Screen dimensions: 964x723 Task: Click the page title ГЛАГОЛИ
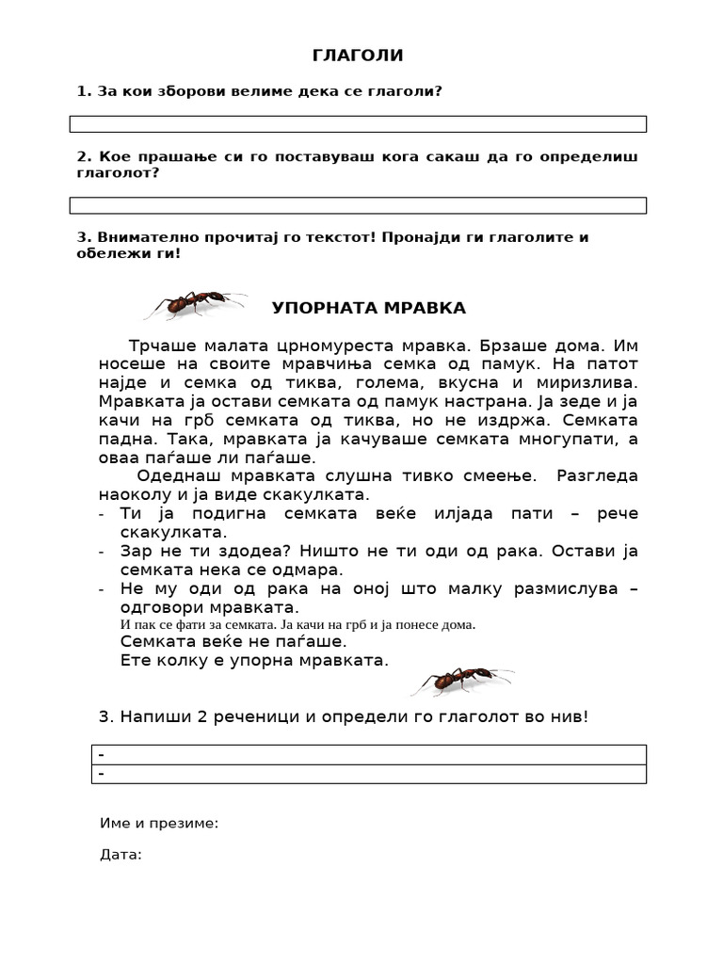tap(358, 56)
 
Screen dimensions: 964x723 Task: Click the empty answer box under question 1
tap(358, 124)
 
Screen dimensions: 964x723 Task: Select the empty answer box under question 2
tap(358, 205)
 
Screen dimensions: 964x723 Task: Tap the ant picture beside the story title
tap(196, 304)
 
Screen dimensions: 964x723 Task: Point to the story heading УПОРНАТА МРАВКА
tap(369, 308)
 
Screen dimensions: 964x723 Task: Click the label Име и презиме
tap(159, 824)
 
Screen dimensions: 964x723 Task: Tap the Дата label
tap(120, 856)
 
